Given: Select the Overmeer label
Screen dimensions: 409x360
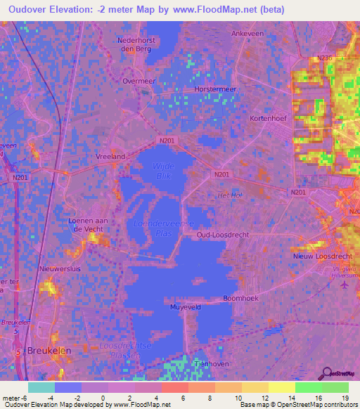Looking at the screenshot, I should tap(138, 81).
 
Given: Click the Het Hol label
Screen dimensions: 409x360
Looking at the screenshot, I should tap(229, 195).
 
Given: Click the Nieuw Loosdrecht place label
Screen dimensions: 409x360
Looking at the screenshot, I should tap(317, 257).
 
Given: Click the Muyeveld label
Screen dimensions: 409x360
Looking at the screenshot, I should tap(184, 307).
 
